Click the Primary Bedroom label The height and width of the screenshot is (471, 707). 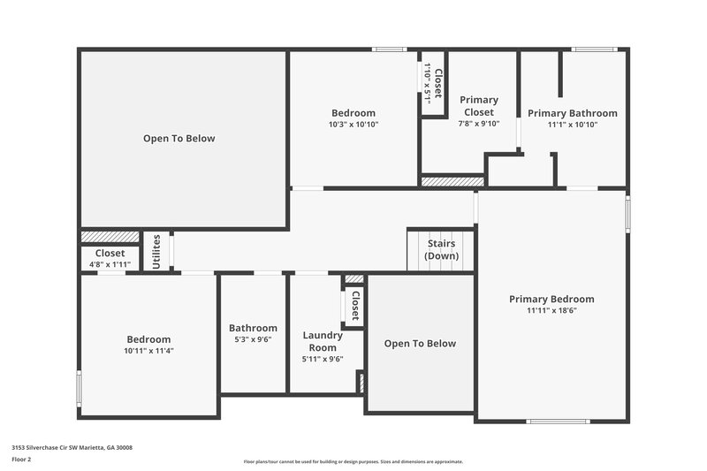coord(551,299)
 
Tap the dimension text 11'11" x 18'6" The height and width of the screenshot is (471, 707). coord(551,311)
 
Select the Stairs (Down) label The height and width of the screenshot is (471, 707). coord(441,249)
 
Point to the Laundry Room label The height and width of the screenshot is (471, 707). coord(323,341)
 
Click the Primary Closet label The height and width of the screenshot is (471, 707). coord(479,106)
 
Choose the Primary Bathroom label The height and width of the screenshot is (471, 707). coord(573,113)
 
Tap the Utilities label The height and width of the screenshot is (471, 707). coord(157,251)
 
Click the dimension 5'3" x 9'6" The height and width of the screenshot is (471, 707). coord(253,339)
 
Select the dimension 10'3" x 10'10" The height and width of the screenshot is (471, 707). coord(353,125)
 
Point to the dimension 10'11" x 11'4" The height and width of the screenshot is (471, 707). coord(148,351)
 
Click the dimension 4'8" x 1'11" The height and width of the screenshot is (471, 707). coord(110,264)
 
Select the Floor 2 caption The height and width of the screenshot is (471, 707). coord(21,460)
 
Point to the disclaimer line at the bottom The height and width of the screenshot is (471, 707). coord(353,461)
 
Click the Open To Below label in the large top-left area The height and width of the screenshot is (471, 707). coord(179,139)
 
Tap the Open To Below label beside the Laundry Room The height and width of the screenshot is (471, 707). coord(420,343)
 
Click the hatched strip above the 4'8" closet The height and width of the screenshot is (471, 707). coord(110,237)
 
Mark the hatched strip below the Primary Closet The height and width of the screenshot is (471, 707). coord(452,181)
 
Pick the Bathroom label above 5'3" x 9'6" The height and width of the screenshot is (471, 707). coord(253,328)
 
